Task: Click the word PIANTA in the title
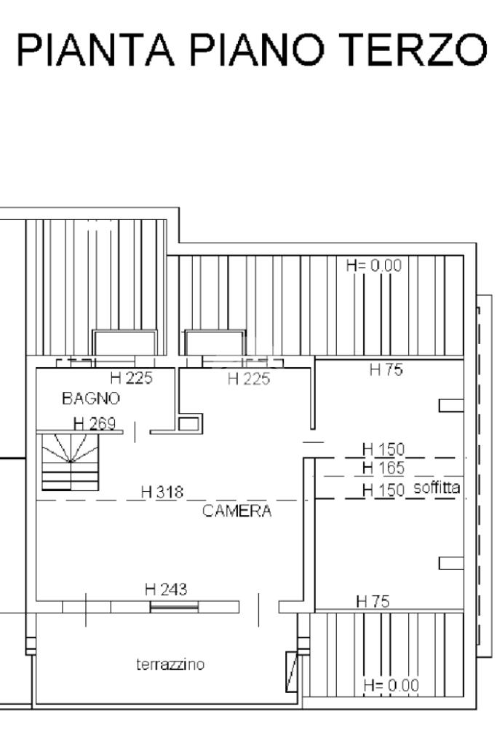pos(95,50)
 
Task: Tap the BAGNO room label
pos(91,398)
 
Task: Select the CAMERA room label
pos(237,511)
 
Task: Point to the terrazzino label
pos(170,664)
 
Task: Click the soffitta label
pos(437,487)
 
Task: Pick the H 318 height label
pos(162,492)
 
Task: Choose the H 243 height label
pos(166,590)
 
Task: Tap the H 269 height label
pos(95,423)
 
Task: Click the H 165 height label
pos(383,468)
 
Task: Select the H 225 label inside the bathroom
pos(131,378)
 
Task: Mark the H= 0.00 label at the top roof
pos(374,265)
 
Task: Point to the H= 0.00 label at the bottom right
pos(391,686)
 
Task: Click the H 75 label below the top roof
pos(386,369)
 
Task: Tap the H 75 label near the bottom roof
pos(373,602)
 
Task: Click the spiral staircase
pos(71,461)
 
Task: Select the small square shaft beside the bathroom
pos(190,423)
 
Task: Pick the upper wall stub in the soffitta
pos(451,405)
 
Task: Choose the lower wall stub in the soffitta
pos(451,563)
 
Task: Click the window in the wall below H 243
pos(174,606)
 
